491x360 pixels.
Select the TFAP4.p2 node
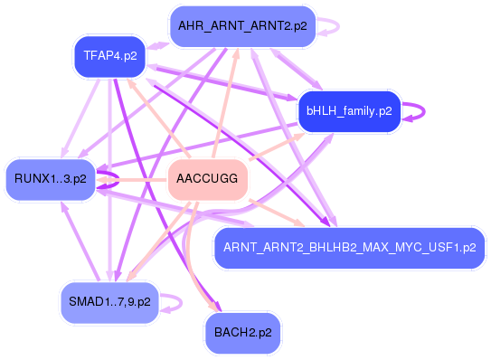109,55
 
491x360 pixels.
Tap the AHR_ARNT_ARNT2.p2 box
242,24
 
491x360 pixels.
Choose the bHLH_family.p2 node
349,111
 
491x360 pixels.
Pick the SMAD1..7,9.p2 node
110,301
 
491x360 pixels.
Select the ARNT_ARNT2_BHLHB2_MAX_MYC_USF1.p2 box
349,247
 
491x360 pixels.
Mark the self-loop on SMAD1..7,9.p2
177,301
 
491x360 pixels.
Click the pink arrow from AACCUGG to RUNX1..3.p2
136,182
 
